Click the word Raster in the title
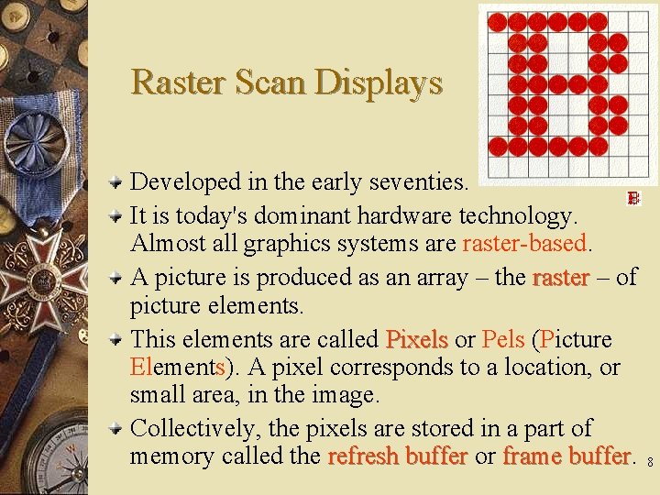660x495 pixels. click(x=180, y=82)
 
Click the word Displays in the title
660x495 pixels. click(x=379, y=82)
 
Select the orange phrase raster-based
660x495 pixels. click(x=524, y=244)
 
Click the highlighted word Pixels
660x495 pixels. click(x=416, y=340)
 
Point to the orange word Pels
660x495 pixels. click(x=502, y=340)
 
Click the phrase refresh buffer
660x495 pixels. click(x=398, y=456)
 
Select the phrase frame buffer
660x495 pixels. click(x=566, y=456)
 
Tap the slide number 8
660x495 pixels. click(x=650, y=464)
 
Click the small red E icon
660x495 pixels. click(x=632, y=198)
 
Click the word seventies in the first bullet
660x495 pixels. click(x=417, y=182)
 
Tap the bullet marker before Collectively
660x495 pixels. click(x=116, y=429)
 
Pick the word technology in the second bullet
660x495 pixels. click(x=518, y=216)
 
